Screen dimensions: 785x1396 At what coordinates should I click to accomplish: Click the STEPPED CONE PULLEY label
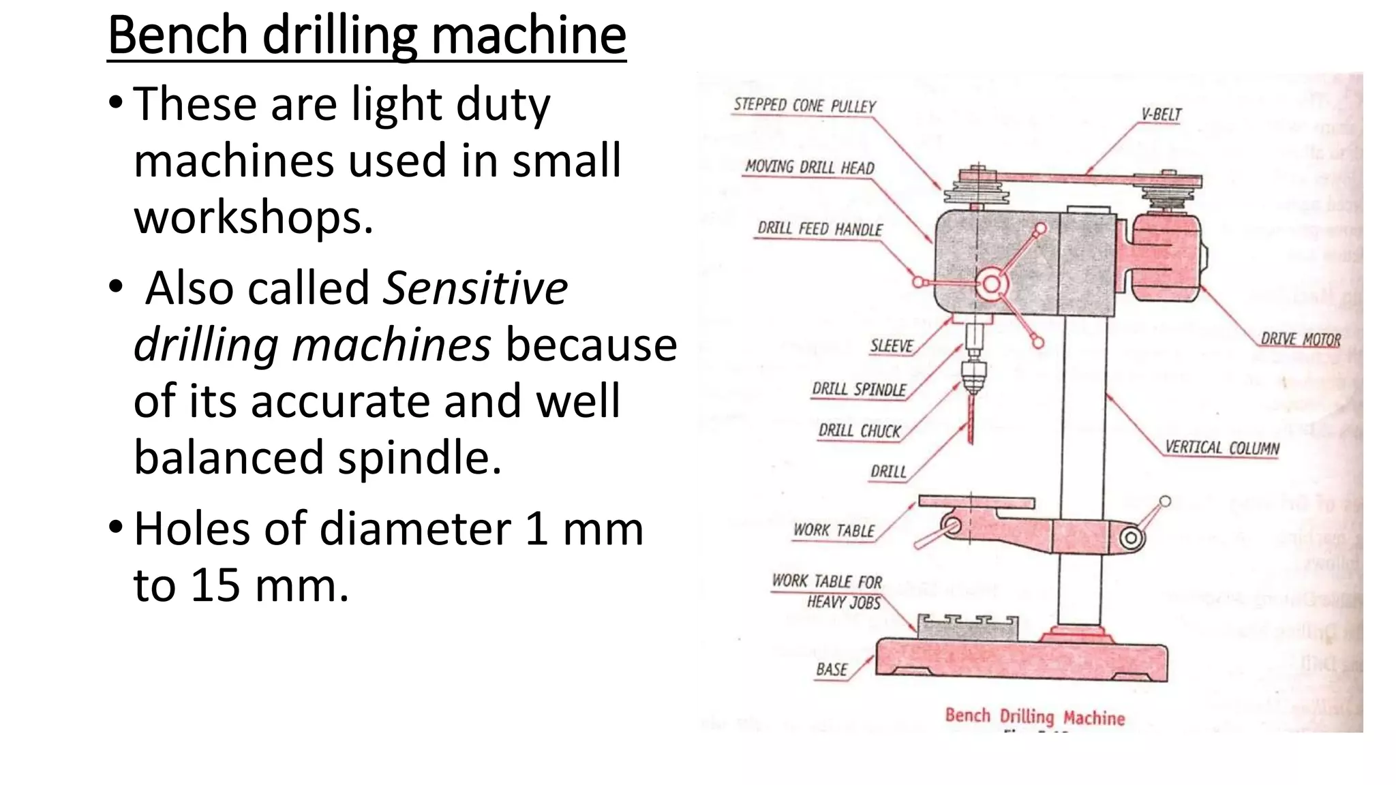click(x=804, y=106)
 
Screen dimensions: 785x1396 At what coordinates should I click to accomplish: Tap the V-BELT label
click(x=1161, y=114)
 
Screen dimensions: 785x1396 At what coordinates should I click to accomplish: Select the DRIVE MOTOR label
click(x=1300, y=339)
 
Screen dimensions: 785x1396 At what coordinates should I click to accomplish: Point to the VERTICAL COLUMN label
click(x=1221, y=448)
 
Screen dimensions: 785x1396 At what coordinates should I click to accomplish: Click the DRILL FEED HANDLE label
click(x=820, y=229)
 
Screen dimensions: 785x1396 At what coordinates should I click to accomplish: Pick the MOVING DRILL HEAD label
click(x=809, y=168)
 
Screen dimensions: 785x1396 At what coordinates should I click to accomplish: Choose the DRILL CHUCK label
click(x=859, y=431)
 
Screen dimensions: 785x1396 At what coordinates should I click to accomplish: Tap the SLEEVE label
click(x=891, y=346)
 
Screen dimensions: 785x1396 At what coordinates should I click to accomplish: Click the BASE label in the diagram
click(x=832, y=669)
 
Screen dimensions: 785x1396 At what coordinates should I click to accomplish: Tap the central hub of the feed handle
click(x=991, y=285)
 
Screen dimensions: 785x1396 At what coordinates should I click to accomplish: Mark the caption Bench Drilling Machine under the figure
click(x=1034, y=716)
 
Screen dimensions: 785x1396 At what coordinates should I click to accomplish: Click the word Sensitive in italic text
click(x=475, y=288)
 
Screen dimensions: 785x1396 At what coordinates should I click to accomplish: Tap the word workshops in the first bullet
click(x=253, y=218)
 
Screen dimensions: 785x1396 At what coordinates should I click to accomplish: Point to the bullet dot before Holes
click(x=116, y=527)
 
